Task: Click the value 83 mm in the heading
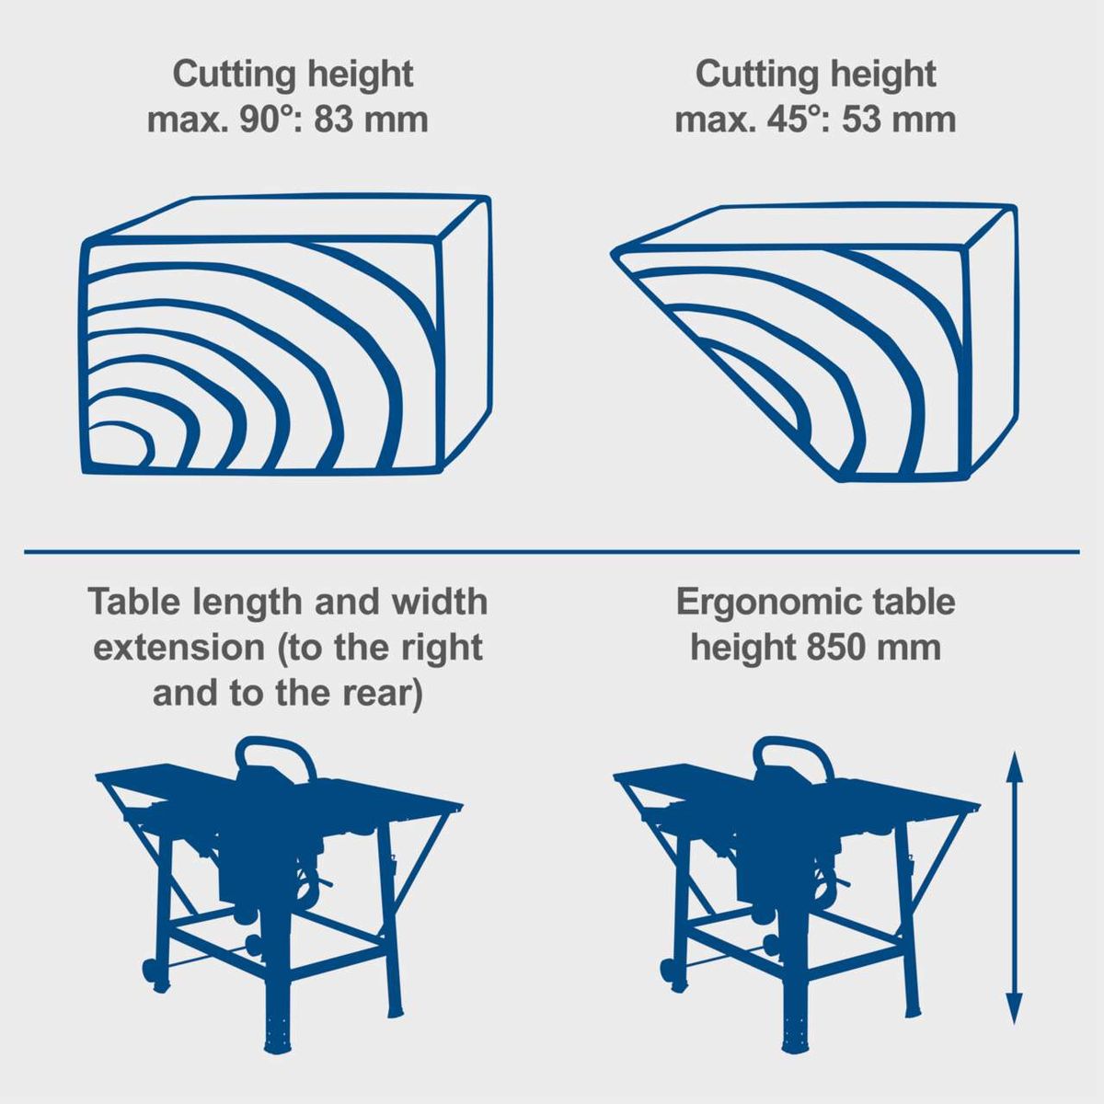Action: (x=372, y=120)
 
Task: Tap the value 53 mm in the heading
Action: (x=899, y=120)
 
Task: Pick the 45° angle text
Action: (x=788, y=120)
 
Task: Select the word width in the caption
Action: (x=440, y=602)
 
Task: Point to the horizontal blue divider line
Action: (x=552, y=552)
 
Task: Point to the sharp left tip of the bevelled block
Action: (x=615, y=254)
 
